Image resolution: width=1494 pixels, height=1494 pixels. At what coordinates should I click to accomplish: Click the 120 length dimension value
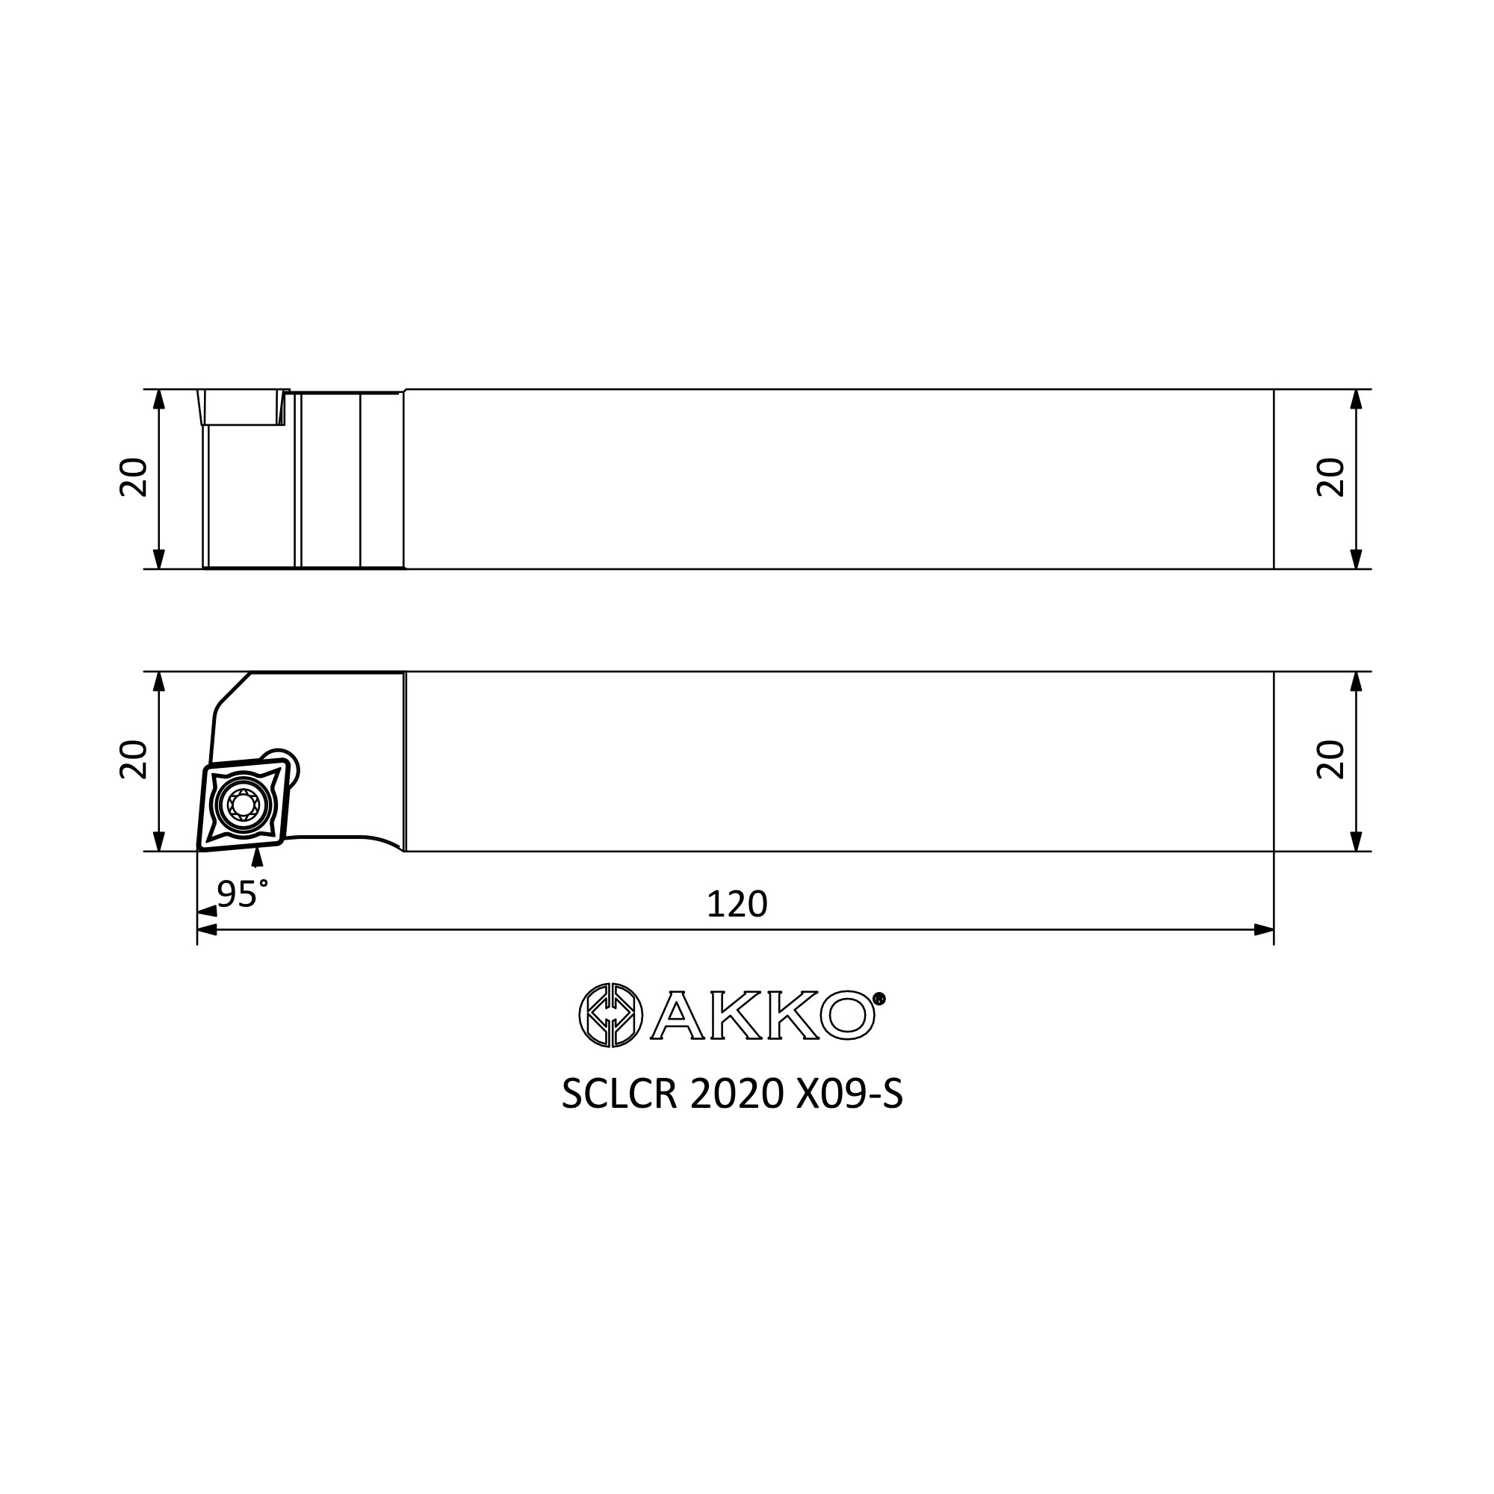point(737,904)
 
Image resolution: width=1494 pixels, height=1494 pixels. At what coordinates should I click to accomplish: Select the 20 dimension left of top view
point(134,477)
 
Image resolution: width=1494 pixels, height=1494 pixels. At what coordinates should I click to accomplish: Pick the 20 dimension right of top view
point(1331,477)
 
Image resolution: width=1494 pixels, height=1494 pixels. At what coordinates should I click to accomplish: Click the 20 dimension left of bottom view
point(134,760)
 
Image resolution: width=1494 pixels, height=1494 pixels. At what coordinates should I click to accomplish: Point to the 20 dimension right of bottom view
point(1331,760)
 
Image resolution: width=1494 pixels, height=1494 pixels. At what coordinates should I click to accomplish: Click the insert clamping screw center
point(244,806)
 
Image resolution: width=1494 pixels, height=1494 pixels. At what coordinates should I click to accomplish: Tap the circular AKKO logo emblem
point(611,1014)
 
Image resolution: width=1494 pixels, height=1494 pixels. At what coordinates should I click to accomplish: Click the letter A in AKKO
point(678,1015)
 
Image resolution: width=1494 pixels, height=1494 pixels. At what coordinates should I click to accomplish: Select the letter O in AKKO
point(848,1015)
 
